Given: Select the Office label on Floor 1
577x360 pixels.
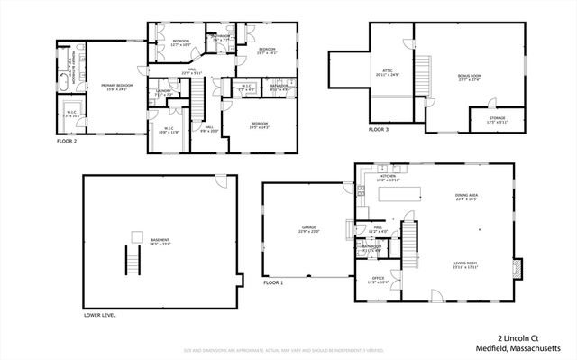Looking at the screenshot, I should (377, 281).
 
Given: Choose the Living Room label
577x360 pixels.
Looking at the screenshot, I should (465, 264).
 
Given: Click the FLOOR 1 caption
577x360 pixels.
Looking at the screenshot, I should (273, 283).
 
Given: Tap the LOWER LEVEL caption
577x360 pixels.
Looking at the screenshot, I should (100, 315).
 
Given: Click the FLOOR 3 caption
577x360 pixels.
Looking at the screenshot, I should (380, 130).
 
